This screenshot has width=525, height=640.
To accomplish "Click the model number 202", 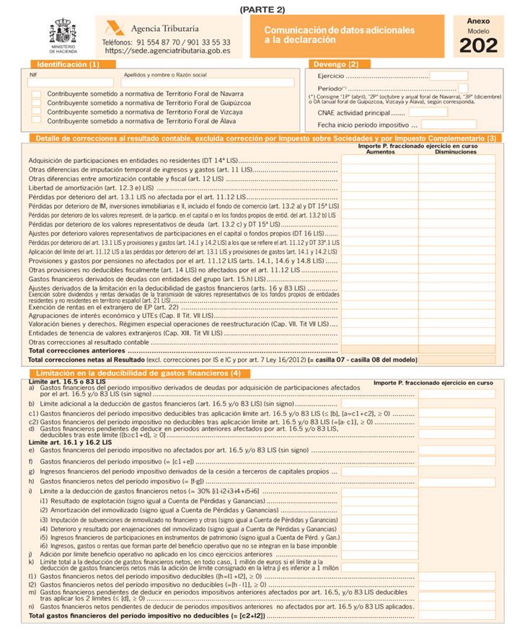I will [478, 45].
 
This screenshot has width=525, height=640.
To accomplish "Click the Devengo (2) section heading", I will [343, 64].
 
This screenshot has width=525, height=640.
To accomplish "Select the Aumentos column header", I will [381, 152].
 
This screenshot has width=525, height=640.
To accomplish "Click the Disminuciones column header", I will [456, 152].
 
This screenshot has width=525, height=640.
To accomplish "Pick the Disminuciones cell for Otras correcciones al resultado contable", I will [456, 342].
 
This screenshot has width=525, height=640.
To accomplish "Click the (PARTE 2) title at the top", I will [262, 9].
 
